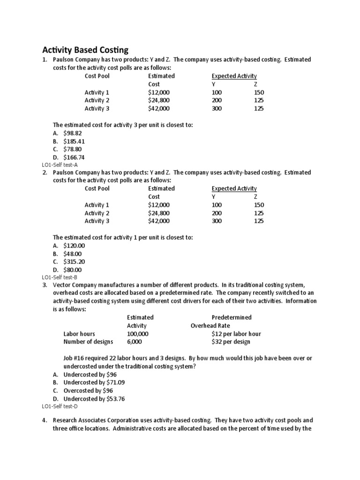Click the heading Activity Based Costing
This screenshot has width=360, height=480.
click(85, 50)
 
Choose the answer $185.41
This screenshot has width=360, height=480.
click(75, 141)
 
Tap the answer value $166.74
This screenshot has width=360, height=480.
click(75, 157)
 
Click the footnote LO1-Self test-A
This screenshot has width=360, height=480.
click(60, 165)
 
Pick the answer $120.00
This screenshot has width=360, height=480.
click(75, 246)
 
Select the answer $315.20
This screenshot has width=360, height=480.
click(75, 262)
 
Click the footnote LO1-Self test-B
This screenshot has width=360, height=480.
click(60, 277)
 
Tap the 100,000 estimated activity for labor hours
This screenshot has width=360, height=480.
click(138, 334)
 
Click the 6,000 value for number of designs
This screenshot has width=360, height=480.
click(135, 342)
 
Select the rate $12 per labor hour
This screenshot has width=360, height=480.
click(236, 334)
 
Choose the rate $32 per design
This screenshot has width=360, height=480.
click(231, 342)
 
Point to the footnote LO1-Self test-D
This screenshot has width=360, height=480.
click(60, 407)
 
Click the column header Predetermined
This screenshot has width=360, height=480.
click(232, 317)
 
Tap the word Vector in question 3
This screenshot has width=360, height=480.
click(63, 285)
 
